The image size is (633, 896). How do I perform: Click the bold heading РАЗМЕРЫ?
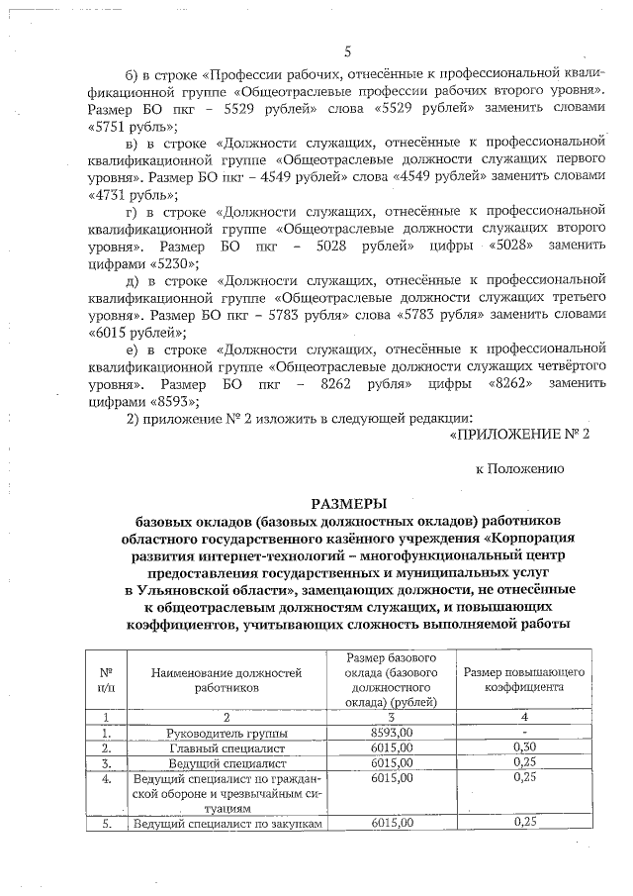(x=347, y=504)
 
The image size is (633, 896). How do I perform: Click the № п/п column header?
(x=105, y=678)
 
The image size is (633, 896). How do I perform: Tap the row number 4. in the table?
(x=105, y=779)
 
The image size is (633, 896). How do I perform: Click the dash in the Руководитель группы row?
(x=525, y=733)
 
